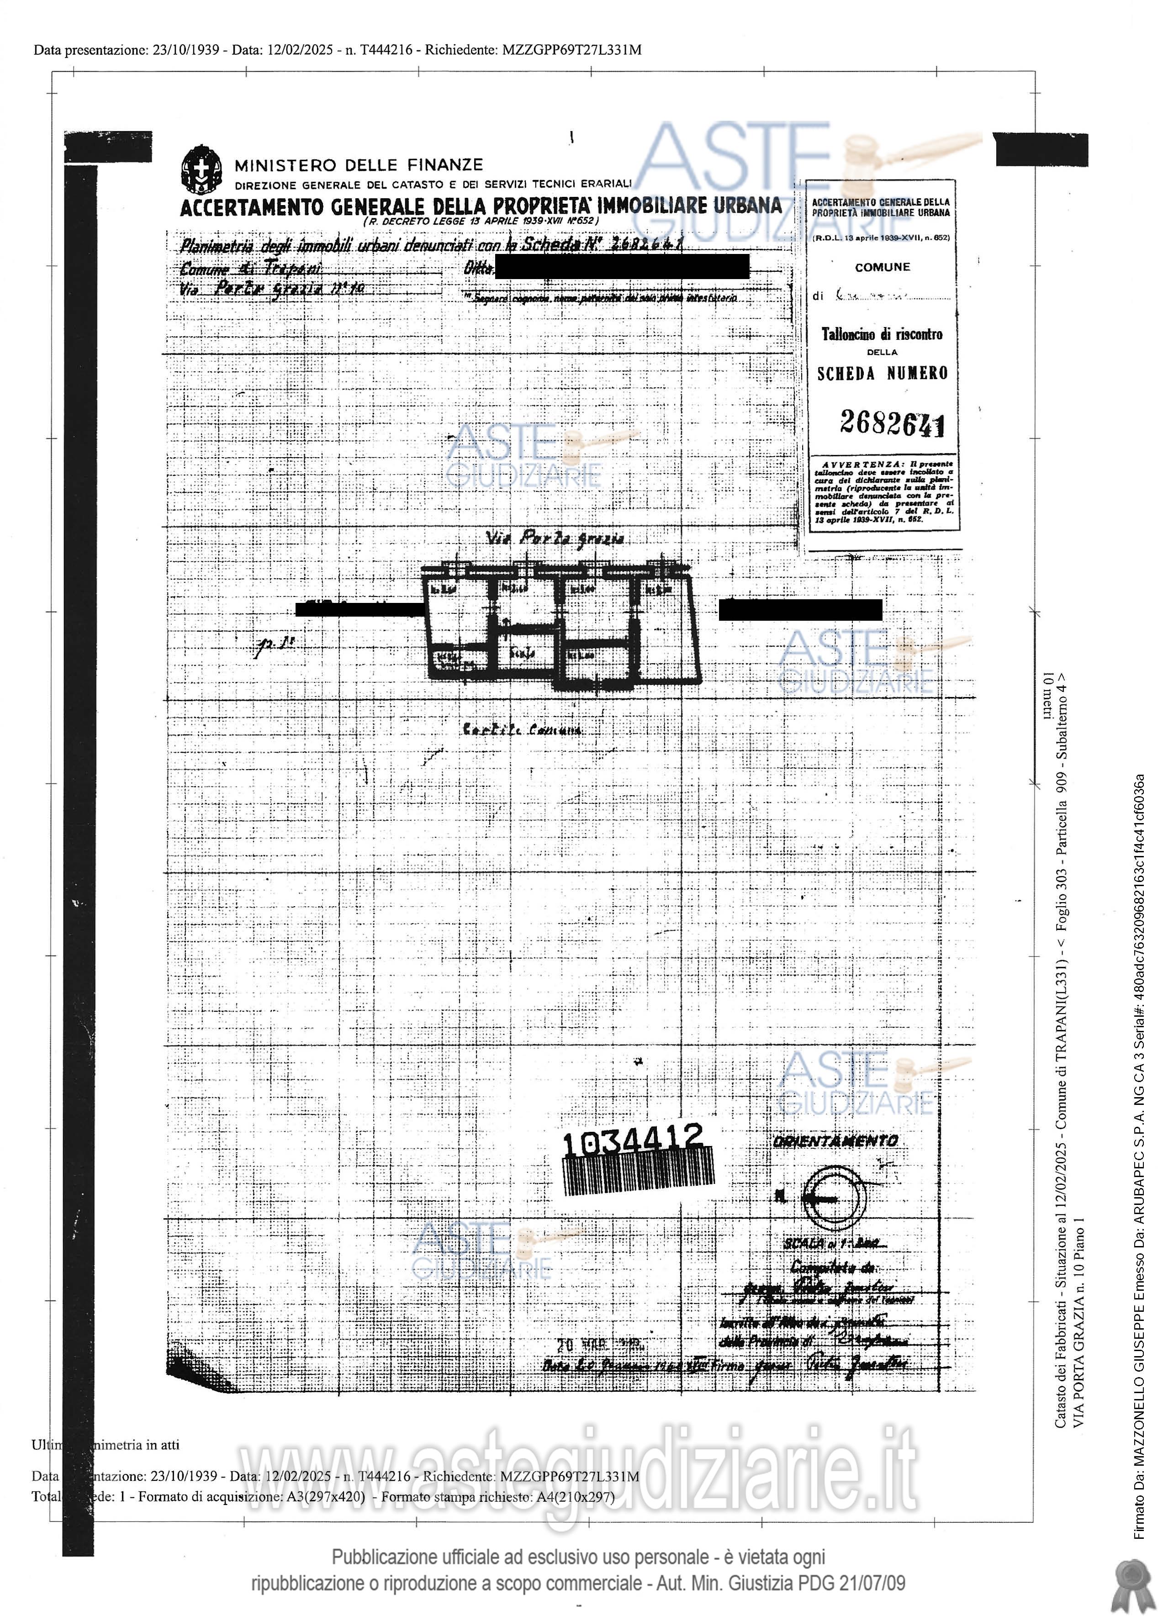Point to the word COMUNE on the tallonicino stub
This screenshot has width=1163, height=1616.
[x=882, y=267]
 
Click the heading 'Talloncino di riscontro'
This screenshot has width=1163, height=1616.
[x=882, y=334]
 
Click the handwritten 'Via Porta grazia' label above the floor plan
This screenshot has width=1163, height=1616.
[x=555, y=539]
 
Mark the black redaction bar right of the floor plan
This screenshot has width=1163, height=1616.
[x=799, y=610]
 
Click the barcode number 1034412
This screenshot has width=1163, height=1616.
[x=633, y=1139]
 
